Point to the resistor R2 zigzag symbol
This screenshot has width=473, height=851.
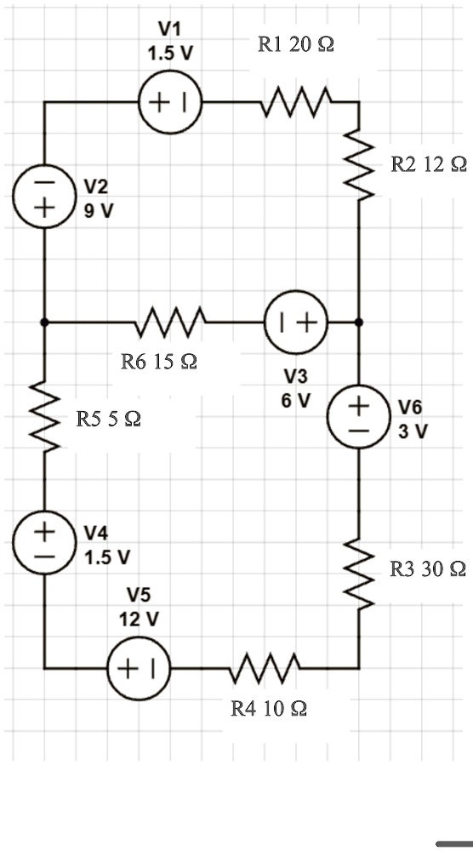[358, 166]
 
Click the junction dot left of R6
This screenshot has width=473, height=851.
[45, 323]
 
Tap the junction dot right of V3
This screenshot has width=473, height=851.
[358, 323]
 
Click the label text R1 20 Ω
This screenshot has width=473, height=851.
[294, 45]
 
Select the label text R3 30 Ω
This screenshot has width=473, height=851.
[427, 568]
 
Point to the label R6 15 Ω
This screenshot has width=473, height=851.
[159, 362]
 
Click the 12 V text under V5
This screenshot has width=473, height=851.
[138, 619]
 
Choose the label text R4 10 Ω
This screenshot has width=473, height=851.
[269, 707]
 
